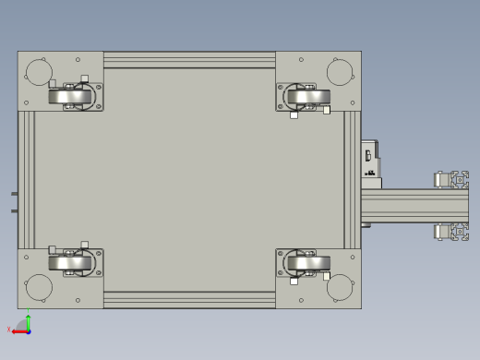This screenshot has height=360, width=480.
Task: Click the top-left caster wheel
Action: (73, 95)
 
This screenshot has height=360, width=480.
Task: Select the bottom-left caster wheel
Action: (73, 263)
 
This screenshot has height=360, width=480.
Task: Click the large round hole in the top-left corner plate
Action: (39, 71)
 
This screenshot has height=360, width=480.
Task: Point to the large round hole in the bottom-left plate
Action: (39, 287)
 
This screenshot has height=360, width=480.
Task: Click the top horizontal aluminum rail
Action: (189, 60)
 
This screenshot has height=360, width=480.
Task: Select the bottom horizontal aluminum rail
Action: (189, 299)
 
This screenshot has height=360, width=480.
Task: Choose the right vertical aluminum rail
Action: (353, 180)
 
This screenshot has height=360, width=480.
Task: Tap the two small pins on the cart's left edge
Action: (14, 201)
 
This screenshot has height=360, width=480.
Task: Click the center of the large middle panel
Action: (189, 180)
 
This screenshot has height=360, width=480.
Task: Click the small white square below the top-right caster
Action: (294, 115)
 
